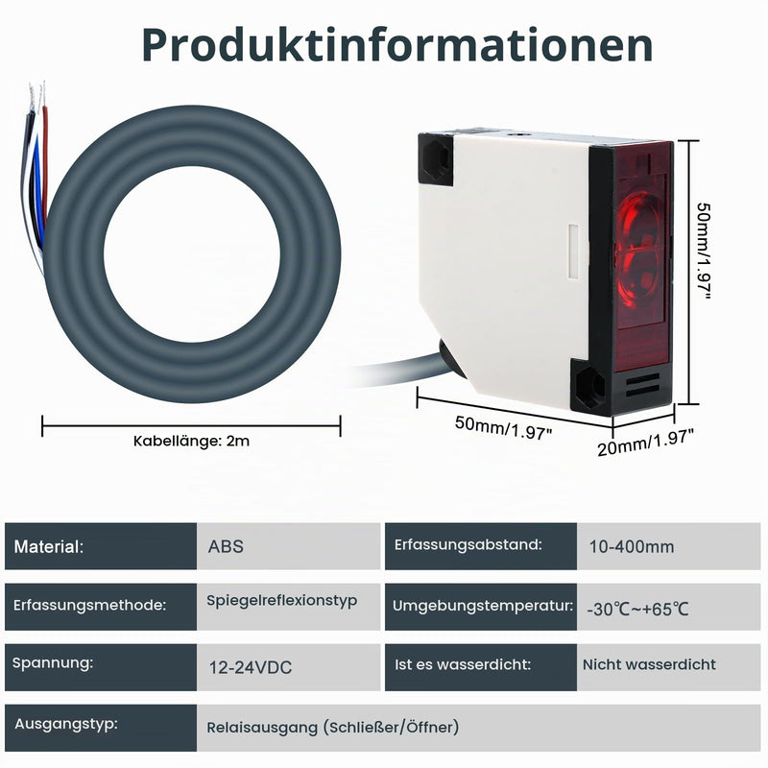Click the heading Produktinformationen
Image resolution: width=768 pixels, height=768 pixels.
click(x=397, y=45)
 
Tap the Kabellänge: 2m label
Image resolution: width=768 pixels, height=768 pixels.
click(x=191, y=441)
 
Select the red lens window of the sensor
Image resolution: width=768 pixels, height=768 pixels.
click(x=641, y=254)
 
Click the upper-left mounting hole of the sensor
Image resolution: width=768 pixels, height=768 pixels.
click(x=436, y=159)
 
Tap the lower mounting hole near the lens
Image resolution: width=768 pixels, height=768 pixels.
click(x=589, y=387)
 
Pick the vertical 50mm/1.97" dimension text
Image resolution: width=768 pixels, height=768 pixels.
click(x=704, y=252)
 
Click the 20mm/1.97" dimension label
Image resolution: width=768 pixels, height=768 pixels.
click(x=645, y=442)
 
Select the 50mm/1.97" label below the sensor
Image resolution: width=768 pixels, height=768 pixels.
click(x=503, y=428)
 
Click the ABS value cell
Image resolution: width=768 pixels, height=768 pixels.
click(x=289, y=546)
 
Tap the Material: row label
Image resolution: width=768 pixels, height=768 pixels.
click(x=49, y=546)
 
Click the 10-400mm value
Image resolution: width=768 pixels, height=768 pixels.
click(x=632, y=546)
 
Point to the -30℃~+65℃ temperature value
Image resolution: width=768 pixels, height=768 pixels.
click(x=637, y=610)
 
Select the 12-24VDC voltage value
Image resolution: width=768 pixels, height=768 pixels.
click(x=251, y=667)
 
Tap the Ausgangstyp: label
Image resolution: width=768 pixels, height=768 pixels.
click(x=66, y=724)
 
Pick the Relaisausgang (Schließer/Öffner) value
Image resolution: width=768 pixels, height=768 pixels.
click(x=332, y=728)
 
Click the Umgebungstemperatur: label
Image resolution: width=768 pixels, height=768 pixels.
click(x=483, y=606)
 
